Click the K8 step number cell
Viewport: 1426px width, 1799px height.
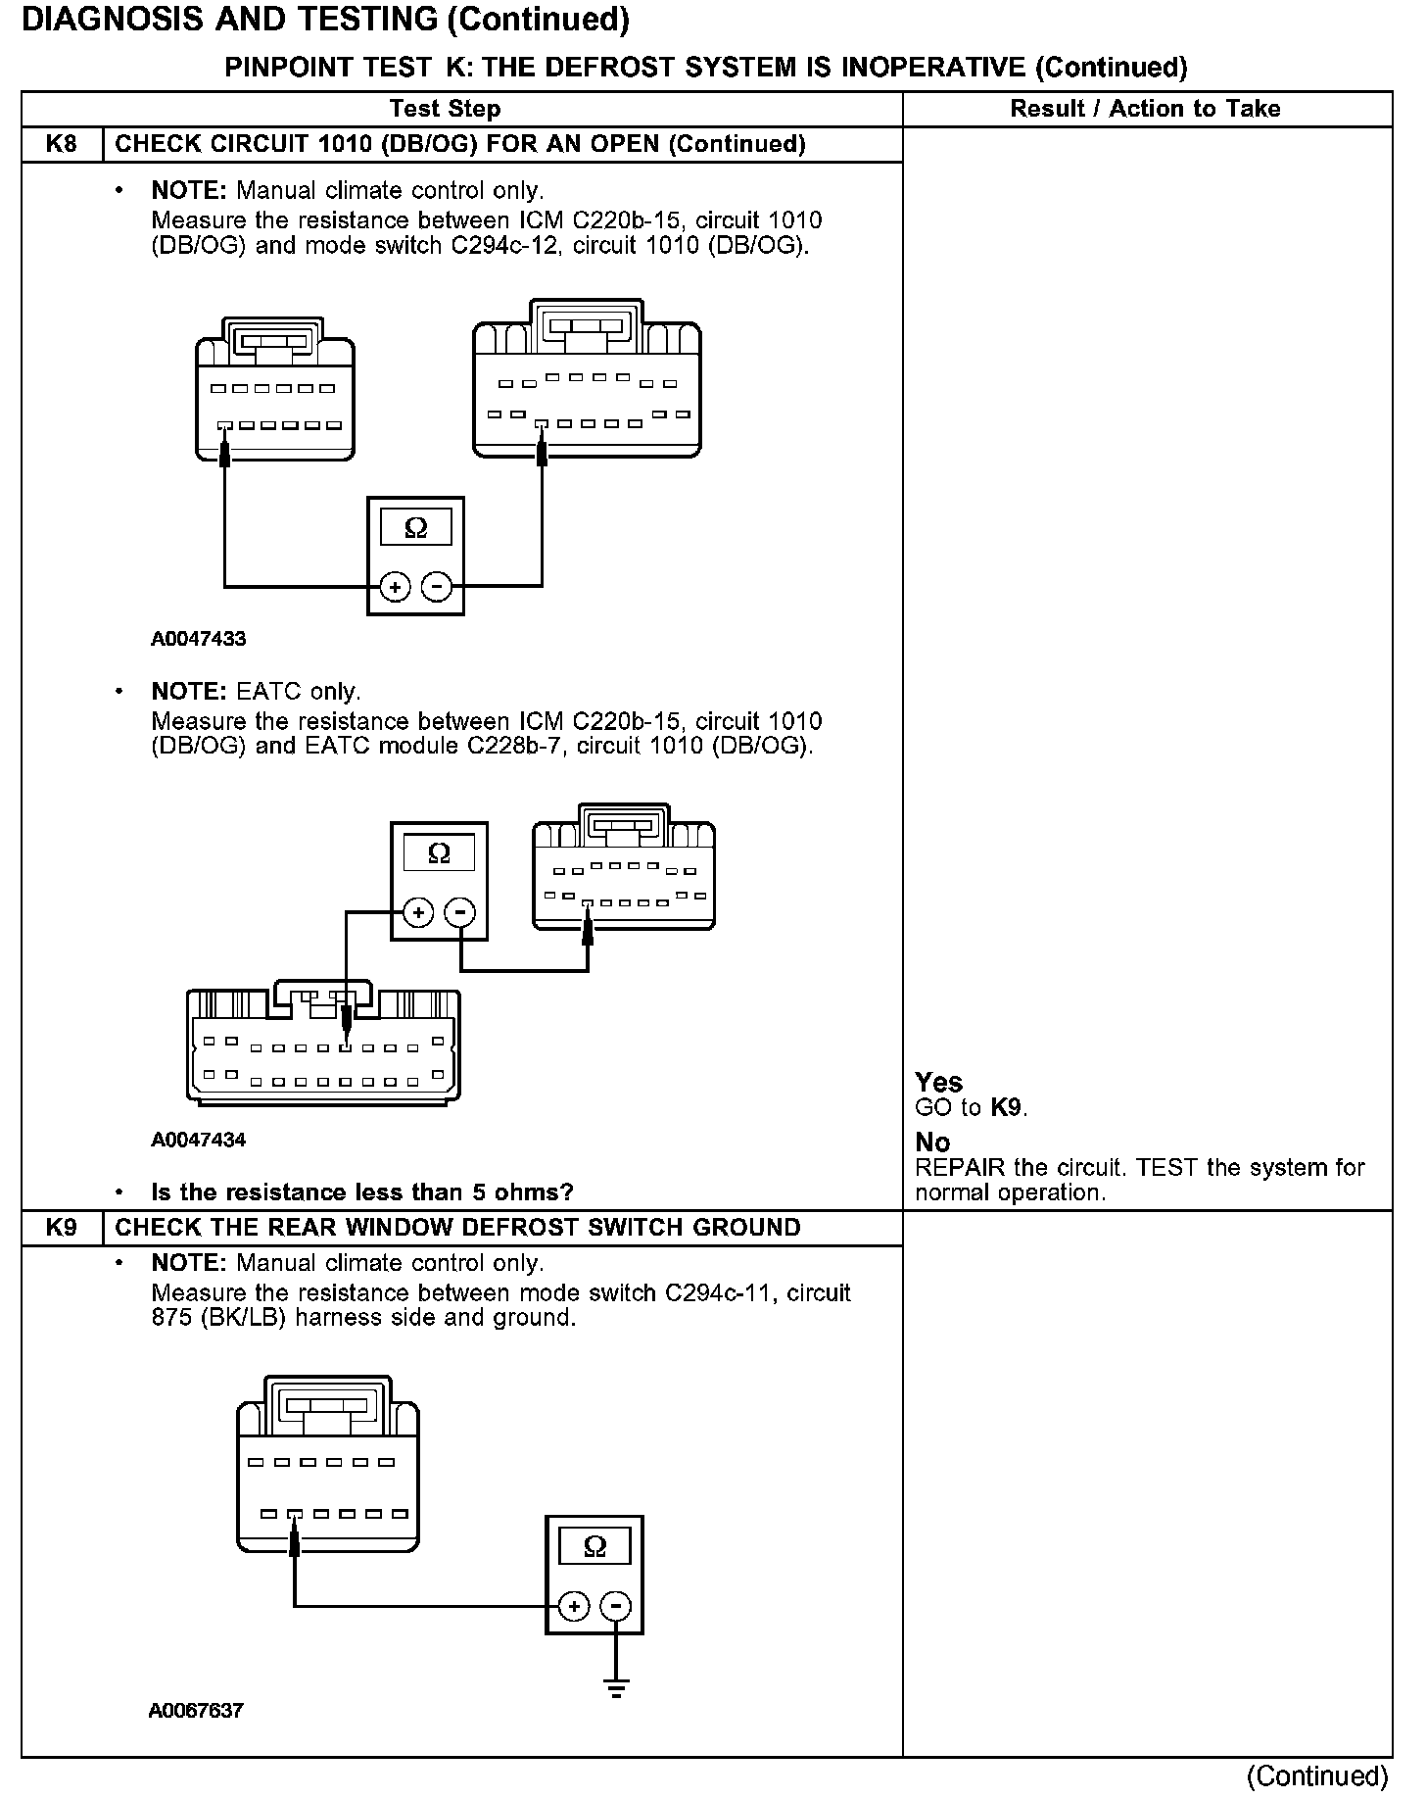coord(62,144)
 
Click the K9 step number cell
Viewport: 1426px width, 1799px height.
coord(62,1228)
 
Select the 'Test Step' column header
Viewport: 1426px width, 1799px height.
coord(445,109)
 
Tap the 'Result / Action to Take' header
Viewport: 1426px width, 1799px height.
coord(1145,109)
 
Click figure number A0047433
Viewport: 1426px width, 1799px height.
coord(199,639)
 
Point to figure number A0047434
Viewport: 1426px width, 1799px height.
coord(199,1140)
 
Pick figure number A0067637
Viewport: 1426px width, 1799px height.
coord(196,1711)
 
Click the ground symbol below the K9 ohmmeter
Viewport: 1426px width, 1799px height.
coord(616,1687)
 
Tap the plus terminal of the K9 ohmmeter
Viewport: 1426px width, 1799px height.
coord(574,1606)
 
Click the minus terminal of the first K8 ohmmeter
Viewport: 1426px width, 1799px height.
coord(437,587)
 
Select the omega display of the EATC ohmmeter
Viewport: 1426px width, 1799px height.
coord(439,853)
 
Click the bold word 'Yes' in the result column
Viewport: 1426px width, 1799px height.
coord(938,1082)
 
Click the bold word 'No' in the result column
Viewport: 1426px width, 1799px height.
coord(932,1143)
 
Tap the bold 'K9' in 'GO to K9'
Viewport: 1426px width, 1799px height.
coord(1007,1108)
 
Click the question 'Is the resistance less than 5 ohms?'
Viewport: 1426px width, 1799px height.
coord(361,1192)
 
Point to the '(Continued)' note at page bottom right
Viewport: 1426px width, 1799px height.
coord(1316,1775)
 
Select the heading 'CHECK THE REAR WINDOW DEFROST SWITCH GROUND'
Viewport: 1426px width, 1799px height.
coord(457,1228)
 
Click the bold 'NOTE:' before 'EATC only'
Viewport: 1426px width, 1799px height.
coord(189,692)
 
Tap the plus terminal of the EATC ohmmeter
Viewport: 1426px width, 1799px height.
coord(418,912)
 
